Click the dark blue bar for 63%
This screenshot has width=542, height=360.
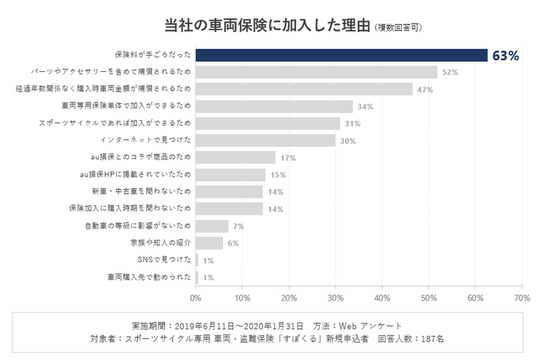pyautogui.click(x=341, y=55)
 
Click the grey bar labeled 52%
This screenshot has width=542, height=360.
pyautogui.click(x=316, y=72)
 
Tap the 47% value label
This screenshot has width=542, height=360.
pyautogui.click(x=425, y=89)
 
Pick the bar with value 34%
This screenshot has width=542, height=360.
pyautogui.click(x=274, y=106)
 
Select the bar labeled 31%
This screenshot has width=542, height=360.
pyautogui.click(x=267, y=123)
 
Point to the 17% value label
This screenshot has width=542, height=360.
pyautogui.click(x=288, y=158)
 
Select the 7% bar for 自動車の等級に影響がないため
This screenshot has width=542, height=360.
pyautogui.click(x=211, y=226)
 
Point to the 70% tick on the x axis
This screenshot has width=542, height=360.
pyautogui.click(x=521, y=297)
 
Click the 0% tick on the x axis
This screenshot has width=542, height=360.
pyautogui.click(x=195, y=297)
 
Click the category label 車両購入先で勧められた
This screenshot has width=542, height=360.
pyautogui.click(x=149, y=277)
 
